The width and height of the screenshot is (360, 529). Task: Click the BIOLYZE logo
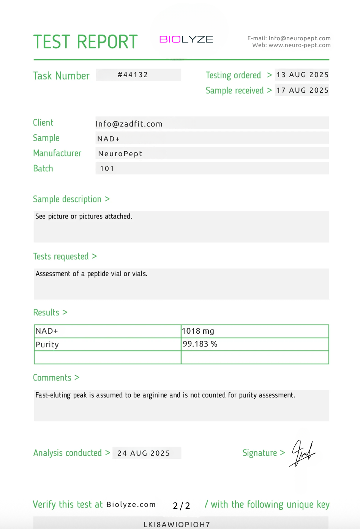coord(186,40)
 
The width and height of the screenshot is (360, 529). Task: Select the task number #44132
coord(133,75)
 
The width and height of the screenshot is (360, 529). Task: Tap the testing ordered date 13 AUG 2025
coord(302,75)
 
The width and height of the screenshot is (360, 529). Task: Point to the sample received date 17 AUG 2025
coord(302,90)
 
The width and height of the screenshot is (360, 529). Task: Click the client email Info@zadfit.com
coord(129,124)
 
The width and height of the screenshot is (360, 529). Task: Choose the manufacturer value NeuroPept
coord(120,154)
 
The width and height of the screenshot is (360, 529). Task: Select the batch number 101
coord(107,169)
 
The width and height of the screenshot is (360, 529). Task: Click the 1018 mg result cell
coord(198,331)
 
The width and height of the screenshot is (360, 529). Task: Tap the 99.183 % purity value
coord(200,344)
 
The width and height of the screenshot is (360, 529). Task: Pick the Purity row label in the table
coord(47,345)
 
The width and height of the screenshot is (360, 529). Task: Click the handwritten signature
coord(303,453)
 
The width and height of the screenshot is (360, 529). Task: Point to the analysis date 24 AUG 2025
coord(144,453)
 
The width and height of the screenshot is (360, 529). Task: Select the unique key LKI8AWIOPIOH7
coord(177,524)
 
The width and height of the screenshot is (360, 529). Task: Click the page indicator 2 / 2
coord(181,506)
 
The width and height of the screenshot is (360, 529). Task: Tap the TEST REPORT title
coord(85,42)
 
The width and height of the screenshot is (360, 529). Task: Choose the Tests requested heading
coord(61,257)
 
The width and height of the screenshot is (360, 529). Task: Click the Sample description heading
coord(67,199)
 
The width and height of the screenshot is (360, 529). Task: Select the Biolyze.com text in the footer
coord(131,505)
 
